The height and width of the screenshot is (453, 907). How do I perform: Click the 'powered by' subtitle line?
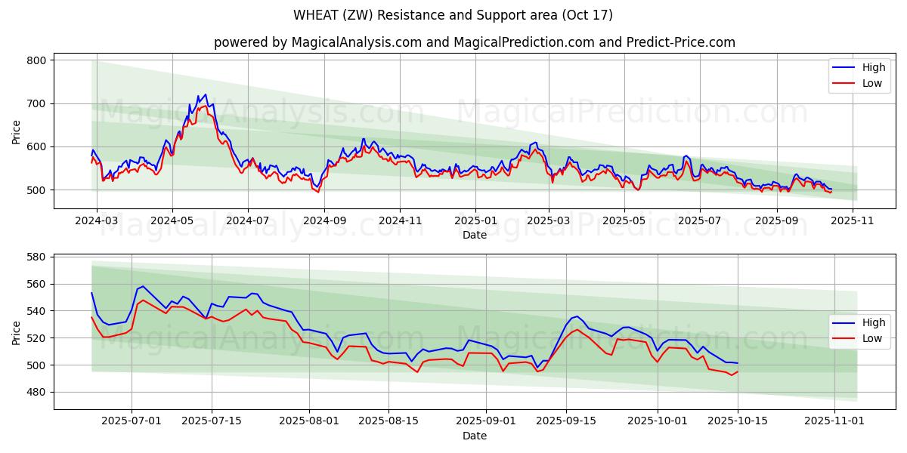point(474,42)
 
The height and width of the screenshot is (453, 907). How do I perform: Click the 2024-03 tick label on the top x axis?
point(96,220)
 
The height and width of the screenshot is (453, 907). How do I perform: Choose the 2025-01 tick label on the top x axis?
point(475,220)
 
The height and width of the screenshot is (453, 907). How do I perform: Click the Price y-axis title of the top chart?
point(17,132)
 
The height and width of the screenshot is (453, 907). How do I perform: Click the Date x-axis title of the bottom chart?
point(474,436)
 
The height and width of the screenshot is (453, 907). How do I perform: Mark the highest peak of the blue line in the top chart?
point(205,94)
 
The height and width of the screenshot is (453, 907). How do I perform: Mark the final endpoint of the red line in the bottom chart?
point(737,371)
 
